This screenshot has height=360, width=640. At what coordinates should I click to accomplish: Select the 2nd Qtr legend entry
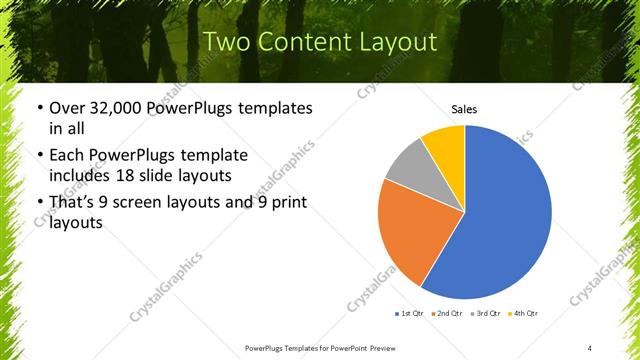(447, 314)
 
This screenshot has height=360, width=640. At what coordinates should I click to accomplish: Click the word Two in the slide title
(231, 42)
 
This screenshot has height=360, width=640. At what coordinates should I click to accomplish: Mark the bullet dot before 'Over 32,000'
(38, 108)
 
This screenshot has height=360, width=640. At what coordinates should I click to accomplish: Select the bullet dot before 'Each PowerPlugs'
(38, 156)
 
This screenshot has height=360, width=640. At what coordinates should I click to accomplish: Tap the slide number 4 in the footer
(590, 347)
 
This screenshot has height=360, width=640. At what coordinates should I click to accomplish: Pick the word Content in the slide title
(308, 42)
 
